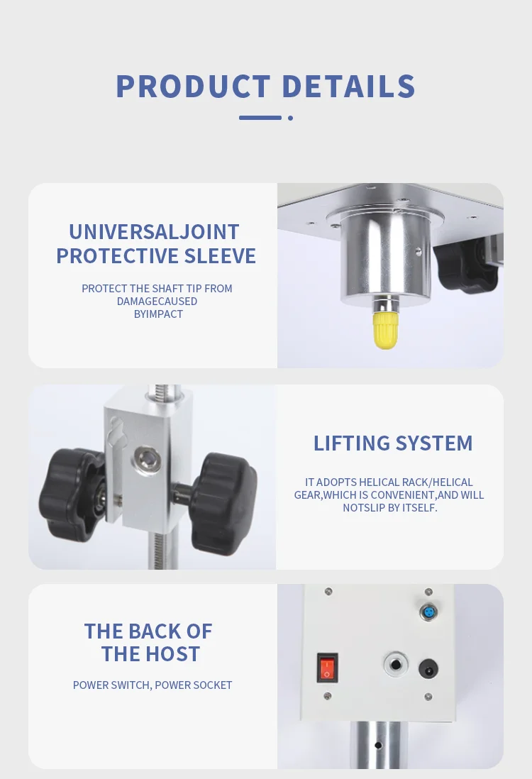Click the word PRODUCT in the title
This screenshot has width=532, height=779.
point(193,87)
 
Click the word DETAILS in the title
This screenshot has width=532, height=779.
point(348,87)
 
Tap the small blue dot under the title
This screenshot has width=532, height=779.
point(290,118)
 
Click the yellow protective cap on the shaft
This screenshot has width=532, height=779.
point(385,330)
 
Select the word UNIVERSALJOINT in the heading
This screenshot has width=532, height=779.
point(154,232)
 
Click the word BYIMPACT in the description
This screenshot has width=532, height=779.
point(158,314)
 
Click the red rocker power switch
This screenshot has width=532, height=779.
point(327,667)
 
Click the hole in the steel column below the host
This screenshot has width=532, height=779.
point(379,745)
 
